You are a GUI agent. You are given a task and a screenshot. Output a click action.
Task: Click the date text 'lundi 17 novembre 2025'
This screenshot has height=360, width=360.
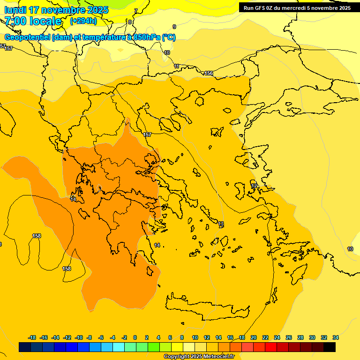(56, 10)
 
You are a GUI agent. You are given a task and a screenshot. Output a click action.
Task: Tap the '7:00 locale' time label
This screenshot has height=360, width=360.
(33, 21)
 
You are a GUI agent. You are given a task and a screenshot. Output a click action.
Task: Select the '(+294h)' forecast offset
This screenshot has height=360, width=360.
(83, 21)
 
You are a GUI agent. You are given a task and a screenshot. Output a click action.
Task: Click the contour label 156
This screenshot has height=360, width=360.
(209, 74)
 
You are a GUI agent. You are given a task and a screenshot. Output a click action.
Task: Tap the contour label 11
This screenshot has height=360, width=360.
(177, 67)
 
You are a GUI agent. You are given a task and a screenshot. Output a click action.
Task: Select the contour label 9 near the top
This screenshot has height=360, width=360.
(174, 27)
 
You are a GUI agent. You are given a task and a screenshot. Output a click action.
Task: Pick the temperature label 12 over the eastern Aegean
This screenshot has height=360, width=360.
(254, 186)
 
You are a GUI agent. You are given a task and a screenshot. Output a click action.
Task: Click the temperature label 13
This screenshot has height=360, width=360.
(221, 224)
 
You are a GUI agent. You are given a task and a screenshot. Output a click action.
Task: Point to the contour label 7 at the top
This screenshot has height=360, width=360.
(136, 11)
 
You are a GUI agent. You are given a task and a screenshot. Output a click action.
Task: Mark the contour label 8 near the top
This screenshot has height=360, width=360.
(130, 22)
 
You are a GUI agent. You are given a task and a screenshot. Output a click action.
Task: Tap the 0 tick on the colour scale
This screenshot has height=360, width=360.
(135, 337)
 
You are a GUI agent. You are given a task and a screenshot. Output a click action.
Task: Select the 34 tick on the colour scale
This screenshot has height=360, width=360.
(335, 337)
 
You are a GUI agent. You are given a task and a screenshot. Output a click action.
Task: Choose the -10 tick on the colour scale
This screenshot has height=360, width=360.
(79, 337)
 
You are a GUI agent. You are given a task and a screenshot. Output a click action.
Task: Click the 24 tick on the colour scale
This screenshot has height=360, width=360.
(277, 337)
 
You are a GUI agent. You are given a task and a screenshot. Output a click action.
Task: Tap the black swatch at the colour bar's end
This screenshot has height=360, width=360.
(330, 347)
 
